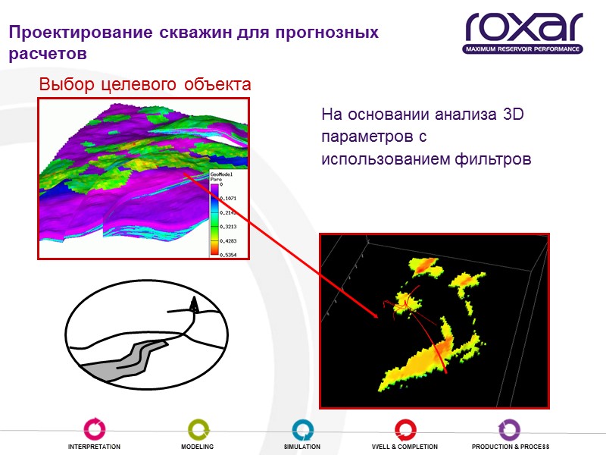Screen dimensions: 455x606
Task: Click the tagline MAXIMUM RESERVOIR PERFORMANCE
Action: pos(523,49)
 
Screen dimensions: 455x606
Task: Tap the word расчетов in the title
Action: pos(47,55)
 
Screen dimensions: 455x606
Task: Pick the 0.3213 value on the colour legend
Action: pos(227,226)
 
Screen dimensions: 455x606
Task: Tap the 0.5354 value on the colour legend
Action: pos(227,255)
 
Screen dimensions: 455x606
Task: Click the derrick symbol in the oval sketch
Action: pos(194,305)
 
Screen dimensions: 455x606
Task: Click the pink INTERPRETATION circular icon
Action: pos(94,429)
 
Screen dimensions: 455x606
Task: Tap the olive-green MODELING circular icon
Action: pos(197,429)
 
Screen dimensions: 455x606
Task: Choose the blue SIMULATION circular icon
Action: pos(302,429)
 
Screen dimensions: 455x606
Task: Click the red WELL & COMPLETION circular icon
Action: pos(405,429)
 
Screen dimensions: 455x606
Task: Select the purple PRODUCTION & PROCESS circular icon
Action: pos(510,429)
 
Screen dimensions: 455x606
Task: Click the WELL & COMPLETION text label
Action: pos(405,447)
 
